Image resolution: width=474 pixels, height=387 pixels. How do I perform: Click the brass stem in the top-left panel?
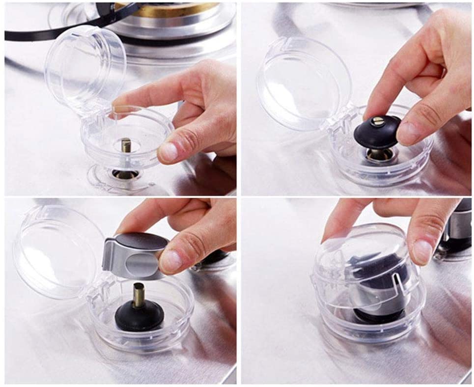click(126, 145)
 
